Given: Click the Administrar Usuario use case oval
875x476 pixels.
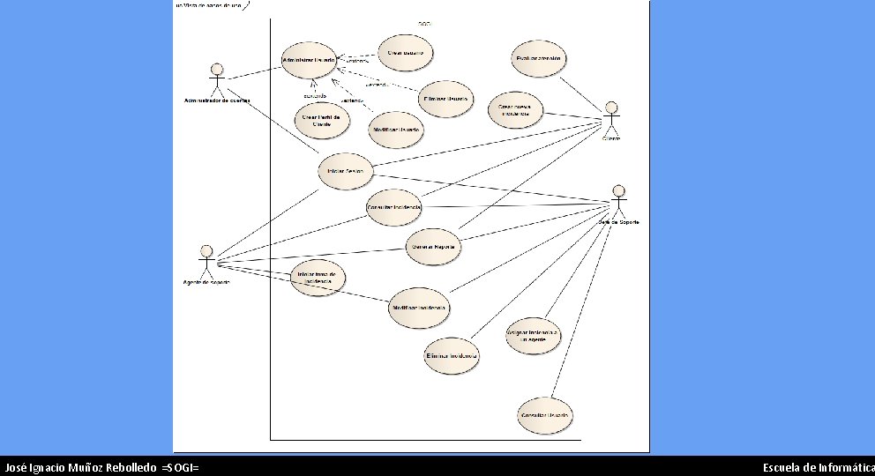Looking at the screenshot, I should pos(308,60).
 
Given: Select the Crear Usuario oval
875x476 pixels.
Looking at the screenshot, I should pos(405,53).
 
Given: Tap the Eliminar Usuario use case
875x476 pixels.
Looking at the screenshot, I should pos(445,98).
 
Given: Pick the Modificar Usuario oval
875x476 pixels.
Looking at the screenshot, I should pos(396,130).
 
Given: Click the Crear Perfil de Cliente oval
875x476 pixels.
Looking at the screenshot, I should pos(321,120).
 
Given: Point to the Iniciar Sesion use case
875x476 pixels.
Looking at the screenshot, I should pos(346,171).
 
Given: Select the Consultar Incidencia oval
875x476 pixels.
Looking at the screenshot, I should pos(393,206).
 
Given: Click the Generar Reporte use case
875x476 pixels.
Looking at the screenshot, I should pos(433,247).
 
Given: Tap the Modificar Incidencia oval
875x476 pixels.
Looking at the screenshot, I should pos(419,308).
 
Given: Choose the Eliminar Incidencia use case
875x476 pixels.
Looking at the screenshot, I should pos(452,355).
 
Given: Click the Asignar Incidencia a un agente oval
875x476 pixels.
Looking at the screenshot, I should pos(533,337).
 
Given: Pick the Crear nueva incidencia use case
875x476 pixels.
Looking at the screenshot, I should pos(515,110).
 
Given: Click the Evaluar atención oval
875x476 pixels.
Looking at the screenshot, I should pos(537,59).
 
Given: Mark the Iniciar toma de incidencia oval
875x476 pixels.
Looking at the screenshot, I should pos(318,278).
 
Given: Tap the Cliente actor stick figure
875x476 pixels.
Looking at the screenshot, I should pos(611,118).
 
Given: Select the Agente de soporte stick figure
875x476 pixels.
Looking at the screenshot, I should pos(206,261).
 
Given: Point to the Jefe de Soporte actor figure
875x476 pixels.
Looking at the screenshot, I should pos(618,200).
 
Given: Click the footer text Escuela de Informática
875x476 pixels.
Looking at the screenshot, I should pos(818,467).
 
